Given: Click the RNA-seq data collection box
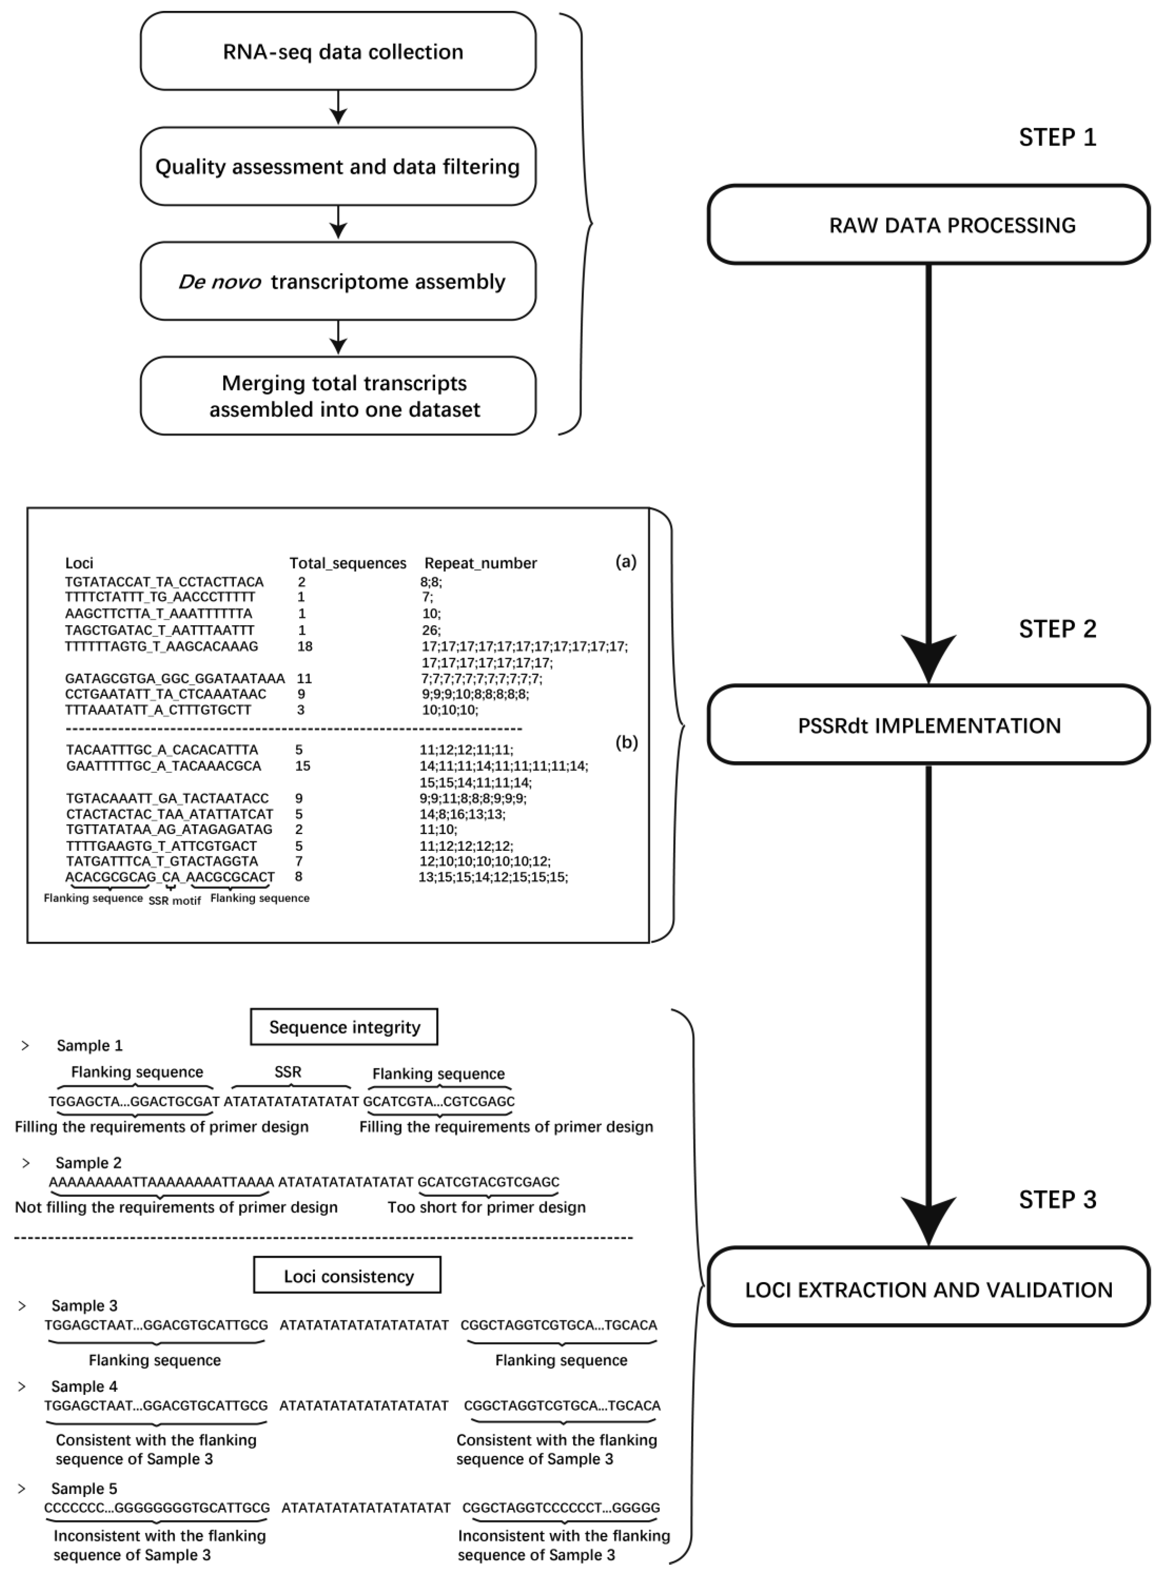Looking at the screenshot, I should tap(338, 51).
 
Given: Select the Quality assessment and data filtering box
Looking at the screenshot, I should tap(338, 166).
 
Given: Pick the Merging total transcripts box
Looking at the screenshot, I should tap(338, 396).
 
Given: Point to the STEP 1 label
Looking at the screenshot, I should tap(1057, 137).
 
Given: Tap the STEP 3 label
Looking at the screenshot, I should tap(1057, 1200).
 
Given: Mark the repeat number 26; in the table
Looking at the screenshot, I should tap(431, 630).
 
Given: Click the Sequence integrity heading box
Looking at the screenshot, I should tap(345, 1027).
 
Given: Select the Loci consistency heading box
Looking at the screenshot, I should tap(347, 1276).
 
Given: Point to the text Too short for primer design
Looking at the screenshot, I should tap(486, 1207).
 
